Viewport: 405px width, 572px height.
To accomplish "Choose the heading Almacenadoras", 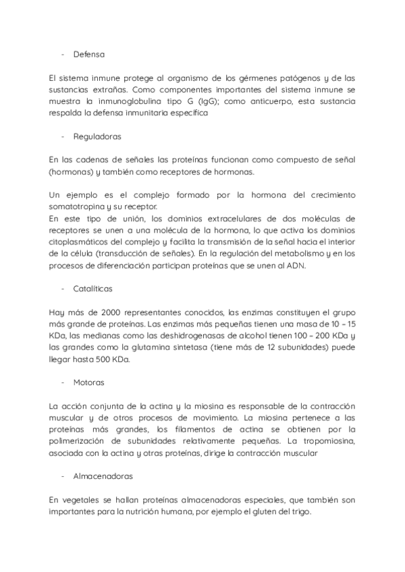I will pyautogui.click(x=103, y=476).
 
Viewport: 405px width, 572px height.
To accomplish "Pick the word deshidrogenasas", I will pyautogui.click(x=181, y=335).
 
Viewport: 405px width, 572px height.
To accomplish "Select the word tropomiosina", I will pyautogui.click(x=327, y=441).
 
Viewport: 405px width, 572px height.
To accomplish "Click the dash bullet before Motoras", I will pyautogui.click(x=62, y=382).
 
